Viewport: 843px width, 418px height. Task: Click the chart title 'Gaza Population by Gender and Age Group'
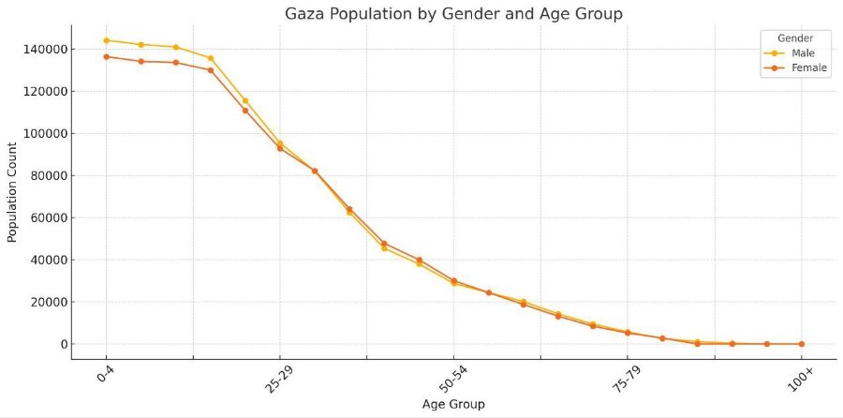coord(453,14)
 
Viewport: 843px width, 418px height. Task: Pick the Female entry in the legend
coord(795,68)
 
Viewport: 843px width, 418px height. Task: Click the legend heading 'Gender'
coord(795,38)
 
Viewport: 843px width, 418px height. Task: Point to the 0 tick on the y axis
coord(64,344)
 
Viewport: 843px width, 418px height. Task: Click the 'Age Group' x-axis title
coord(453,404)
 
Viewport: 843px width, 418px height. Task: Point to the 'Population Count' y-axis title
coord(12,192)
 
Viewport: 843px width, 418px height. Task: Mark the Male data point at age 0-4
coord(107,40)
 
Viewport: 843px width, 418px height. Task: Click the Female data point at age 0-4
coord(107,56)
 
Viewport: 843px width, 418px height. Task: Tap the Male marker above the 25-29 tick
coord(279,143)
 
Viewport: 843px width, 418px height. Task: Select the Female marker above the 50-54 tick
coord(453,281)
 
